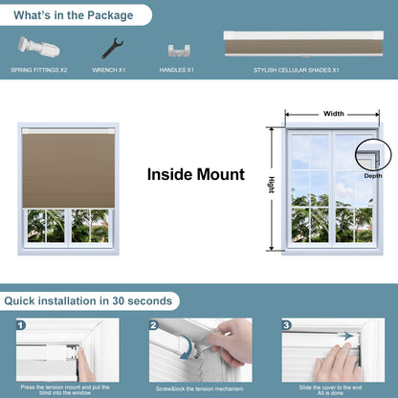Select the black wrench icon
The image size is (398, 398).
111,48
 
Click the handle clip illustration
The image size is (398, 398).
176,50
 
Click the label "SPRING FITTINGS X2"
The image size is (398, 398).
41,70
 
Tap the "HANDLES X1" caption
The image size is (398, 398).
176,70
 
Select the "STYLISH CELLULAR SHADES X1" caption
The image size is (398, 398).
297,70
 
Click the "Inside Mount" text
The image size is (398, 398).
195,175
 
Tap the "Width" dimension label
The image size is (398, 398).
334,113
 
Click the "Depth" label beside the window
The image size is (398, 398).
372,176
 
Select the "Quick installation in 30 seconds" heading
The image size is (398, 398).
88,300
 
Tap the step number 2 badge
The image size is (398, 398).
152,325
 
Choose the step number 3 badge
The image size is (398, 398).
287,325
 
